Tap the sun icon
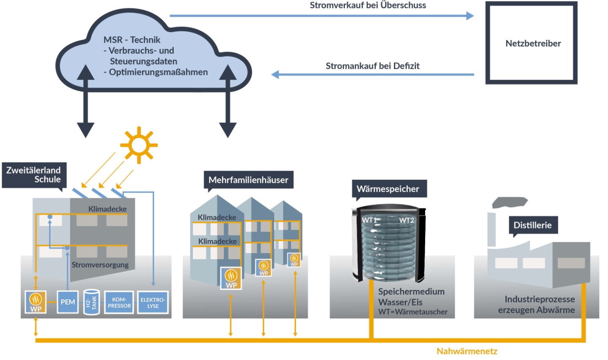click(138, 145)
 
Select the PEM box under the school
click(68, 302)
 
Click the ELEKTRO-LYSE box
click(153, 302)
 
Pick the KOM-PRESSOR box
click(119, 302)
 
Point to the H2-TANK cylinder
click(92, 302)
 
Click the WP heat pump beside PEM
click(35, 302)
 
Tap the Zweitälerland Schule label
click(34, 175)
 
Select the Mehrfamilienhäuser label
click(248, 180)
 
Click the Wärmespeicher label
click(388, 189)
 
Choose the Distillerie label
click(532, 225)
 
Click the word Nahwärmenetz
click(467, 351)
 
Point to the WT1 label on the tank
click(369, 220)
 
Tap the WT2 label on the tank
click(407, 220)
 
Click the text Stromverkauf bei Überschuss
click(368, 5)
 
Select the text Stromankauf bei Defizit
click(372, 66)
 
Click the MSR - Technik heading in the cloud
click(132, 40)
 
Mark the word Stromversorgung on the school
click(100, 265)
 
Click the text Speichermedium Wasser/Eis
click(411, 297)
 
